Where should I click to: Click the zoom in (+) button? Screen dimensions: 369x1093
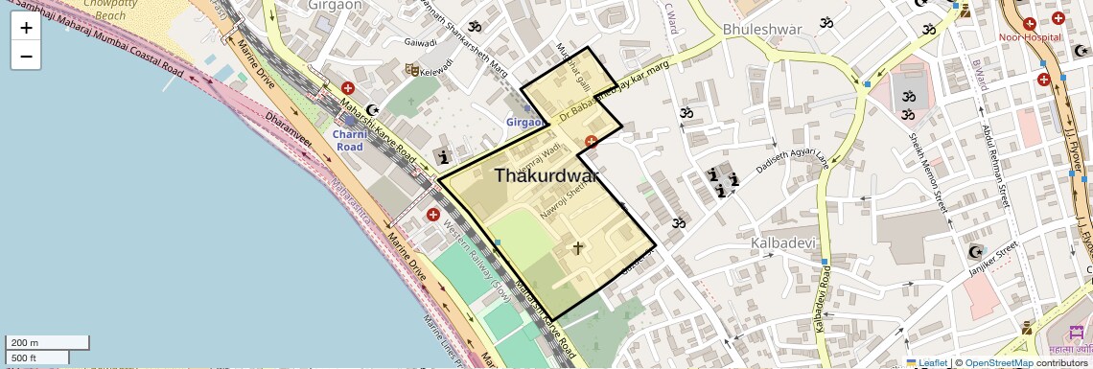point(26,28)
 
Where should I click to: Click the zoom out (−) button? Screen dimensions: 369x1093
point(26,56)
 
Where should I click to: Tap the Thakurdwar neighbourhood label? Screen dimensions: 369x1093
point(546,176)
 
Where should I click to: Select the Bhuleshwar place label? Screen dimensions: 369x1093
point(762,29)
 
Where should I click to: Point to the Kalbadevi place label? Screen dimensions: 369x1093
point(783,242)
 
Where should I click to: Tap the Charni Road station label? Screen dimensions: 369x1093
point(349,140)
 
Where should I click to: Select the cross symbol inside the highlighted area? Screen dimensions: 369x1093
point(577,247)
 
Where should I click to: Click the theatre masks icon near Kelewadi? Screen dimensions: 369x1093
point(410,69)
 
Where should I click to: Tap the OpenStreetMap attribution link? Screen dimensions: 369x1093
point(998,363)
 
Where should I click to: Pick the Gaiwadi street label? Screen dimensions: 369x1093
point(420,42)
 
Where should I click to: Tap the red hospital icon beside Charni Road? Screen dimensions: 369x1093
point(347,88)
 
